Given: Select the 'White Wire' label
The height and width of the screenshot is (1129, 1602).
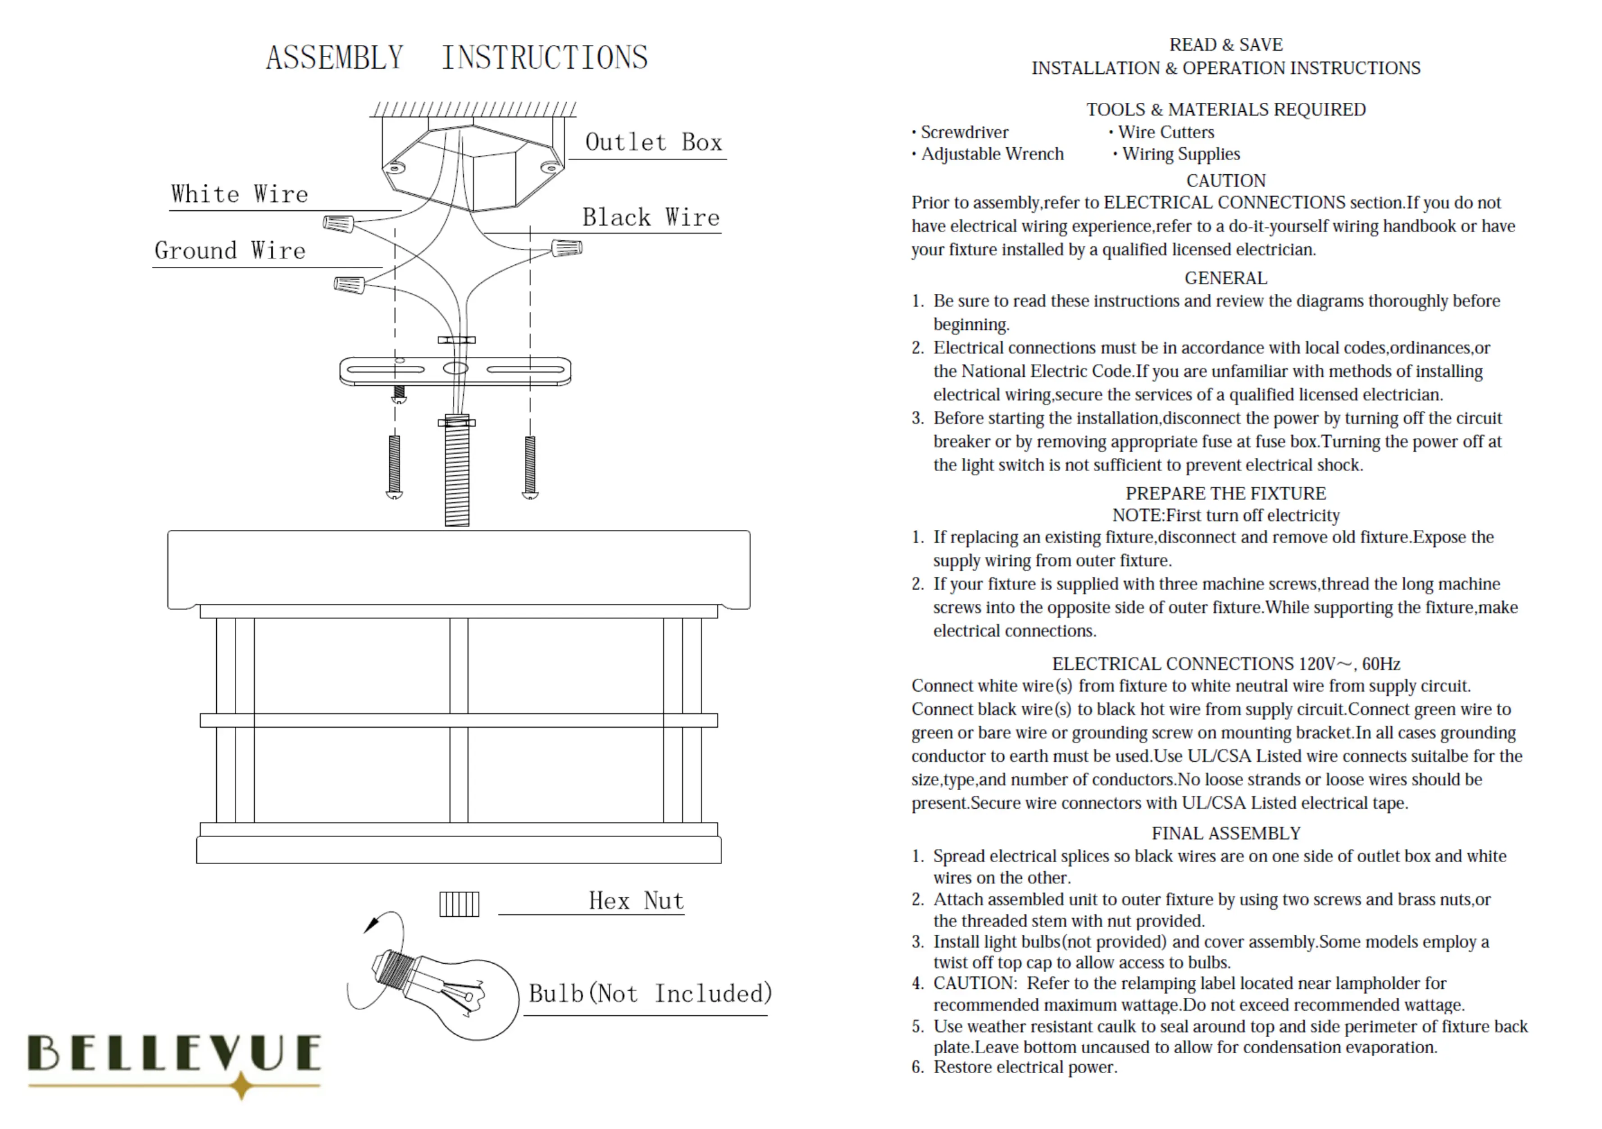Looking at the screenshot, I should (239, 194).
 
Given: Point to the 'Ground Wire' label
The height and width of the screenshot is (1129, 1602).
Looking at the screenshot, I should (230, 250).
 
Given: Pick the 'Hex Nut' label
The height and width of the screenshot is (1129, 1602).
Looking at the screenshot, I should (636, 901).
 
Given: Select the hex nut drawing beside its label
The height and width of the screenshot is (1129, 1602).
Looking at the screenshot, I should (459, 904).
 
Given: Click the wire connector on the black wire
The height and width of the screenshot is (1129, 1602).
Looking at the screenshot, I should (567, 248).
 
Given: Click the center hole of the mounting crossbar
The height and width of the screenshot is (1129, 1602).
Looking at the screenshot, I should (455, 369).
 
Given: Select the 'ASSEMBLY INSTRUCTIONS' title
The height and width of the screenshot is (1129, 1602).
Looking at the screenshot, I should (456, 57).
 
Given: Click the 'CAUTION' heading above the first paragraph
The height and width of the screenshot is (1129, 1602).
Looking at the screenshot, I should (1225, 181).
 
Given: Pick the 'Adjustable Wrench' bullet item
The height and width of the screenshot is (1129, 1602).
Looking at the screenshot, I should (992, 154).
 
